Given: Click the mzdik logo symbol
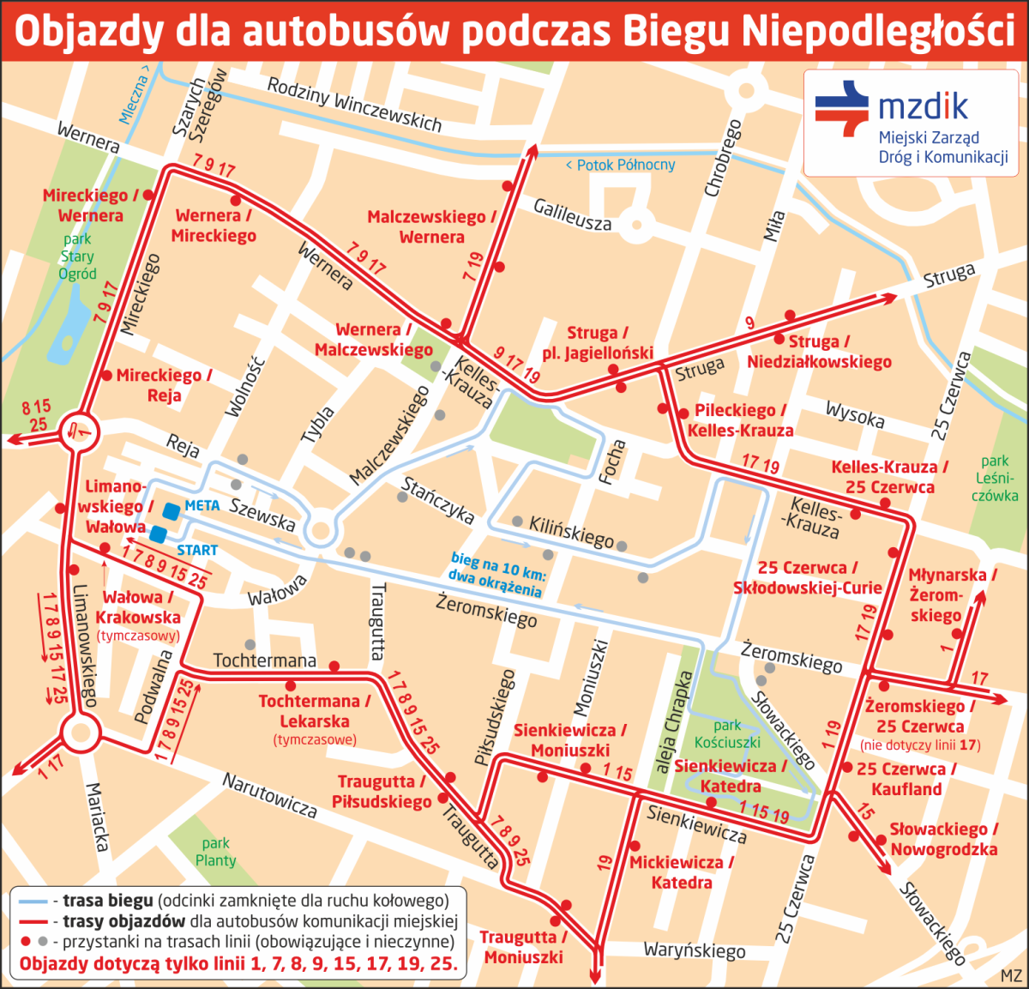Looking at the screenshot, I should coord(842,109).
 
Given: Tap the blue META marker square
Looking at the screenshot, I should coord(171,510).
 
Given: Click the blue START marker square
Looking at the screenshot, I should coord(158,534).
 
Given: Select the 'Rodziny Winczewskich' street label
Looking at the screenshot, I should coord(354,105).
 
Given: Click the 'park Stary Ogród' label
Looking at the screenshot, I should coord(77,256).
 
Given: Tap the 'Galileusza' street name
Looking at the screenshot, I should coord(573,214).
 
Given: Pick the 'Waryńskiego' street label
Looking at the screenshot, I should coord(695,950).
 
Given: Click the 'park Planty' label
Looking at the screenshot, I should coord(215,852).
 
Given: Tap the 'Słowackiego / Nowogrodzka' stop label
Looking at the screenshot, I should coord(943,839).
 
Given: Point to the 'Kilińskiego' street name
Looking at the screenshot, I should coord(571,532).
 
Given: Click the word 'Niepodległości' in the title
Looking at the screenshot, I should coord(877,31).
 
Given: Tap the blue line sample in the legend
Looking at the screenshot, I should coord(33,902).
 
